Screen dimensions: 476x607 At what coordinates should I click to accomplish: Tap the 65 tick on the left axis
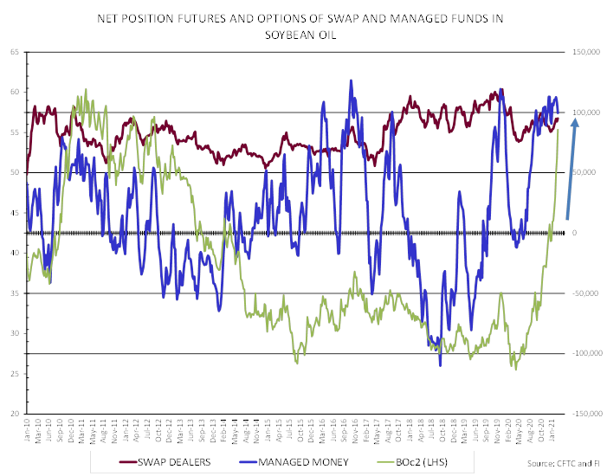[x=15, y=52]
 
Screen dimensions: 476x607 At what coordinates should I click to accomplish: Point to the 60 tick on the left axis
[x=15, y=92]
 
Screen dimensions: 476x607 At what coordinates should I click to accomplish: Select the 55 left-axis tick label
[x=15, y=132]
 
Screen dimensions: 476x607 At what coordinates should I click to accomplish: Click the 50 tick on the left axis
[x=15, y=172]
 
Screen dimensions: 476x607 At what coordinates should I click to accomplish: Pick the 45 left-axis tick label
[x=15, y=212]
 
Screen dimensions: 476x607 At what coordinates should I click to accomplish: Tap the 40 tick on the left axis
[x=15, y=253]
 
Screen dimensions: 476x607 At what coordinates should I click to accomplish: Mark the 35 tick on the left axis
[x=15, y=293]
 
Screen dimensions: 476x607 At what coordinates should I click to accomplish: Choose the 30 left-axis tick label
[x=15, y=333]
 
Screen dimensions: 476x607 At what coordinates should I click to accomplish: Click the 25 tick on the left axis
[x=15, y=373]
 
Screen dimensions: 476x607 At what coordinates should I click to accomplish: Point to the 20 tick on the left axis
[x=15, y=414]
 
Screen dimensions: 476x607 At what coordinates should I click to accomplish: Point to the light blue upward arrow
[x=571, y=169]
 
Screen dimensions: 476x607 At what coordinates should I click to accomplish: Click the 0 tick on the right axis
[x=574, y=233]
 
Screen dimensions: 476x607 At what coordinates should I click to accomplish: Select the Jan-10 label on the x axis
[x=28, y=428]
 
